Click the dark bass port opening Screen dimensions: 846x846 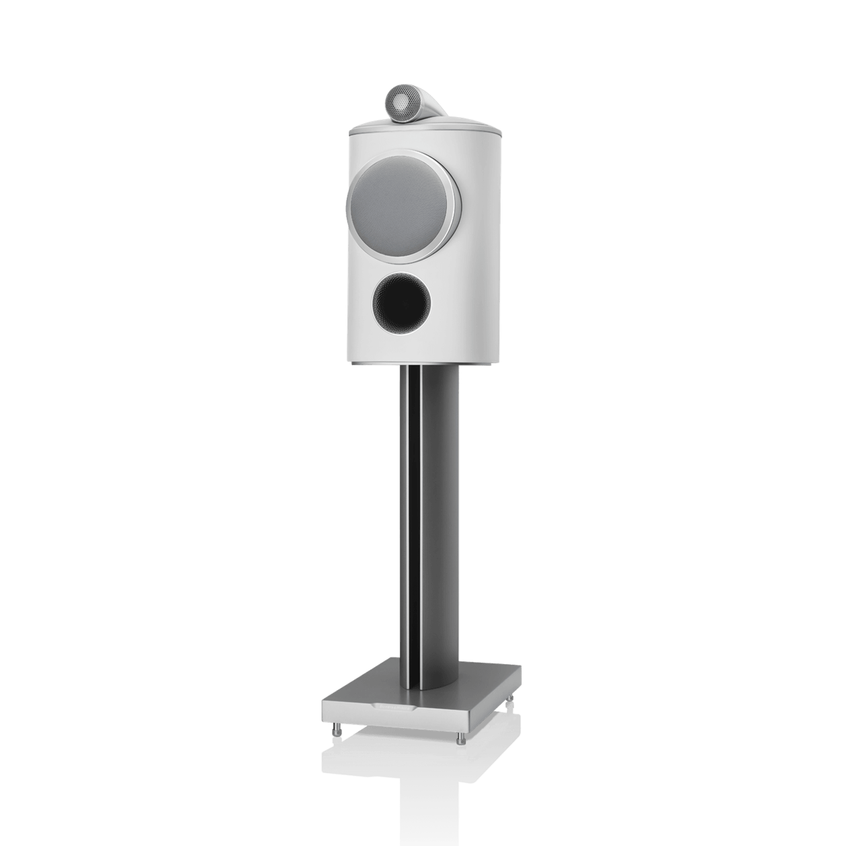[x=397, y=300]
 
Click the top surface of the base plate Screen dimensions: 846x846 [x=485, y=681]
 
